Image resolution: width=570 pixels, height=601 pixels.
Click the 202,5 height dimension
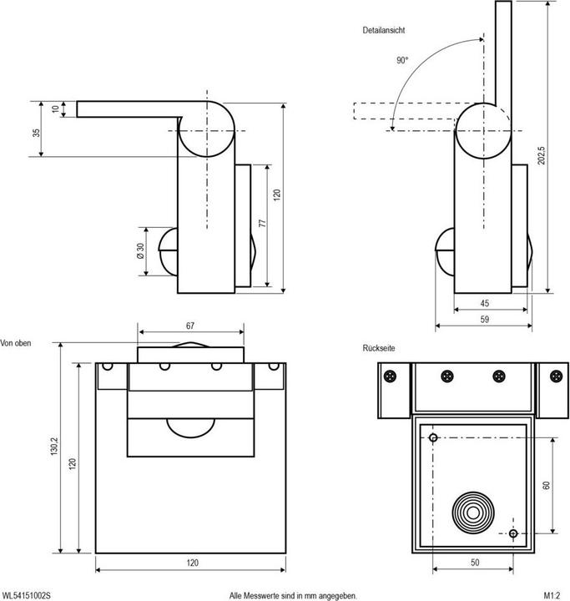(542, 156)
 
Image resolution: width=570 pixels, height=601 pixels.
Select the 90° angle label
(403, 60)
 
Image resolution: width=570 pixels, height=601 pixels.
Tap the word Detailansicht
(384, 30)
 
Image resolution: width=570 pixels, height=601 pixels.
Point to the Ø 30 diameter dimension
(139, 252)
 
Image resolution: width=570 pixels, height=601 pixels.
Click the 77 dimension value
(261, 224)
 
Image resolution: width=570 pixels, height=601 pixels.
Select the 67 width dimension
(191, 326)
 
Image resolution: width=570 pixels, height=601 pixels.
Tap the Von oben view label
(17, 343)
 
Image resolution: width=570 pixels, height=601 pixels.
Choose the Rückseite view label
(378, 346)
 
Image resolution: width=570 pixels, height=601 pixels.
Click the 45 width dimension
(485, 303)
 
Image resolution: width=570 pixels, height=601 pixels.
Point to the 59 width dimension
(485, 319)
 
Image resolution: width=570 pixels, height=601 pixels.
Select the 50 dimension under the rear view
(474, 563)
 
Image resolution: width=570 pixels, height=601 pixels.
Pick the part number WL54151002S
(26, 595)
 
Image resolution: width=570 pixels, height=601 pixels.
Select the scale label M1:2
(551, 595)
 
